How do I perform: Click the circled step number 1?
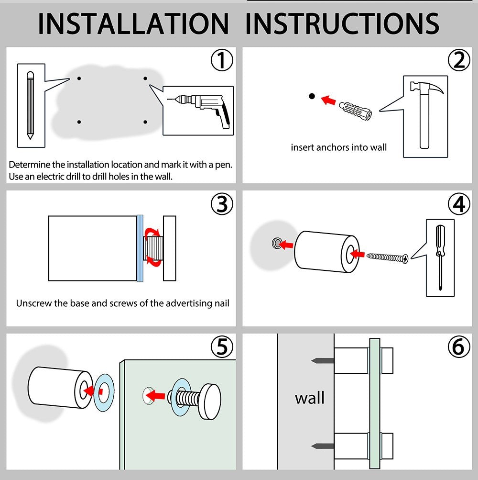222,60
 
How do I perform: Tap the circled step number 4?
459,204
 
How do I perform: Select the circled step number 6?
459,347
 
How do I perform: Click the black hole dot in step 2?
312,96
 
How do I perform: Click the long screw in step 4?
387,258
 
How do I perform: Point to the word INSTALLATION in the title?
133,23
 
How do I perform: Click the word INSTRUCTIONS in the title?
342,23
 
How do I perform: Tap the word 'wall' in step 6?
309,398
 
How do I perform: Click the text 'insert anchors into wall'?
339,147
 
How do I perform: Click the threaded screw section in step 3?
153,248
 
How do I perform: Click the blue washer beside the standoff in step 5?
103,392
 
